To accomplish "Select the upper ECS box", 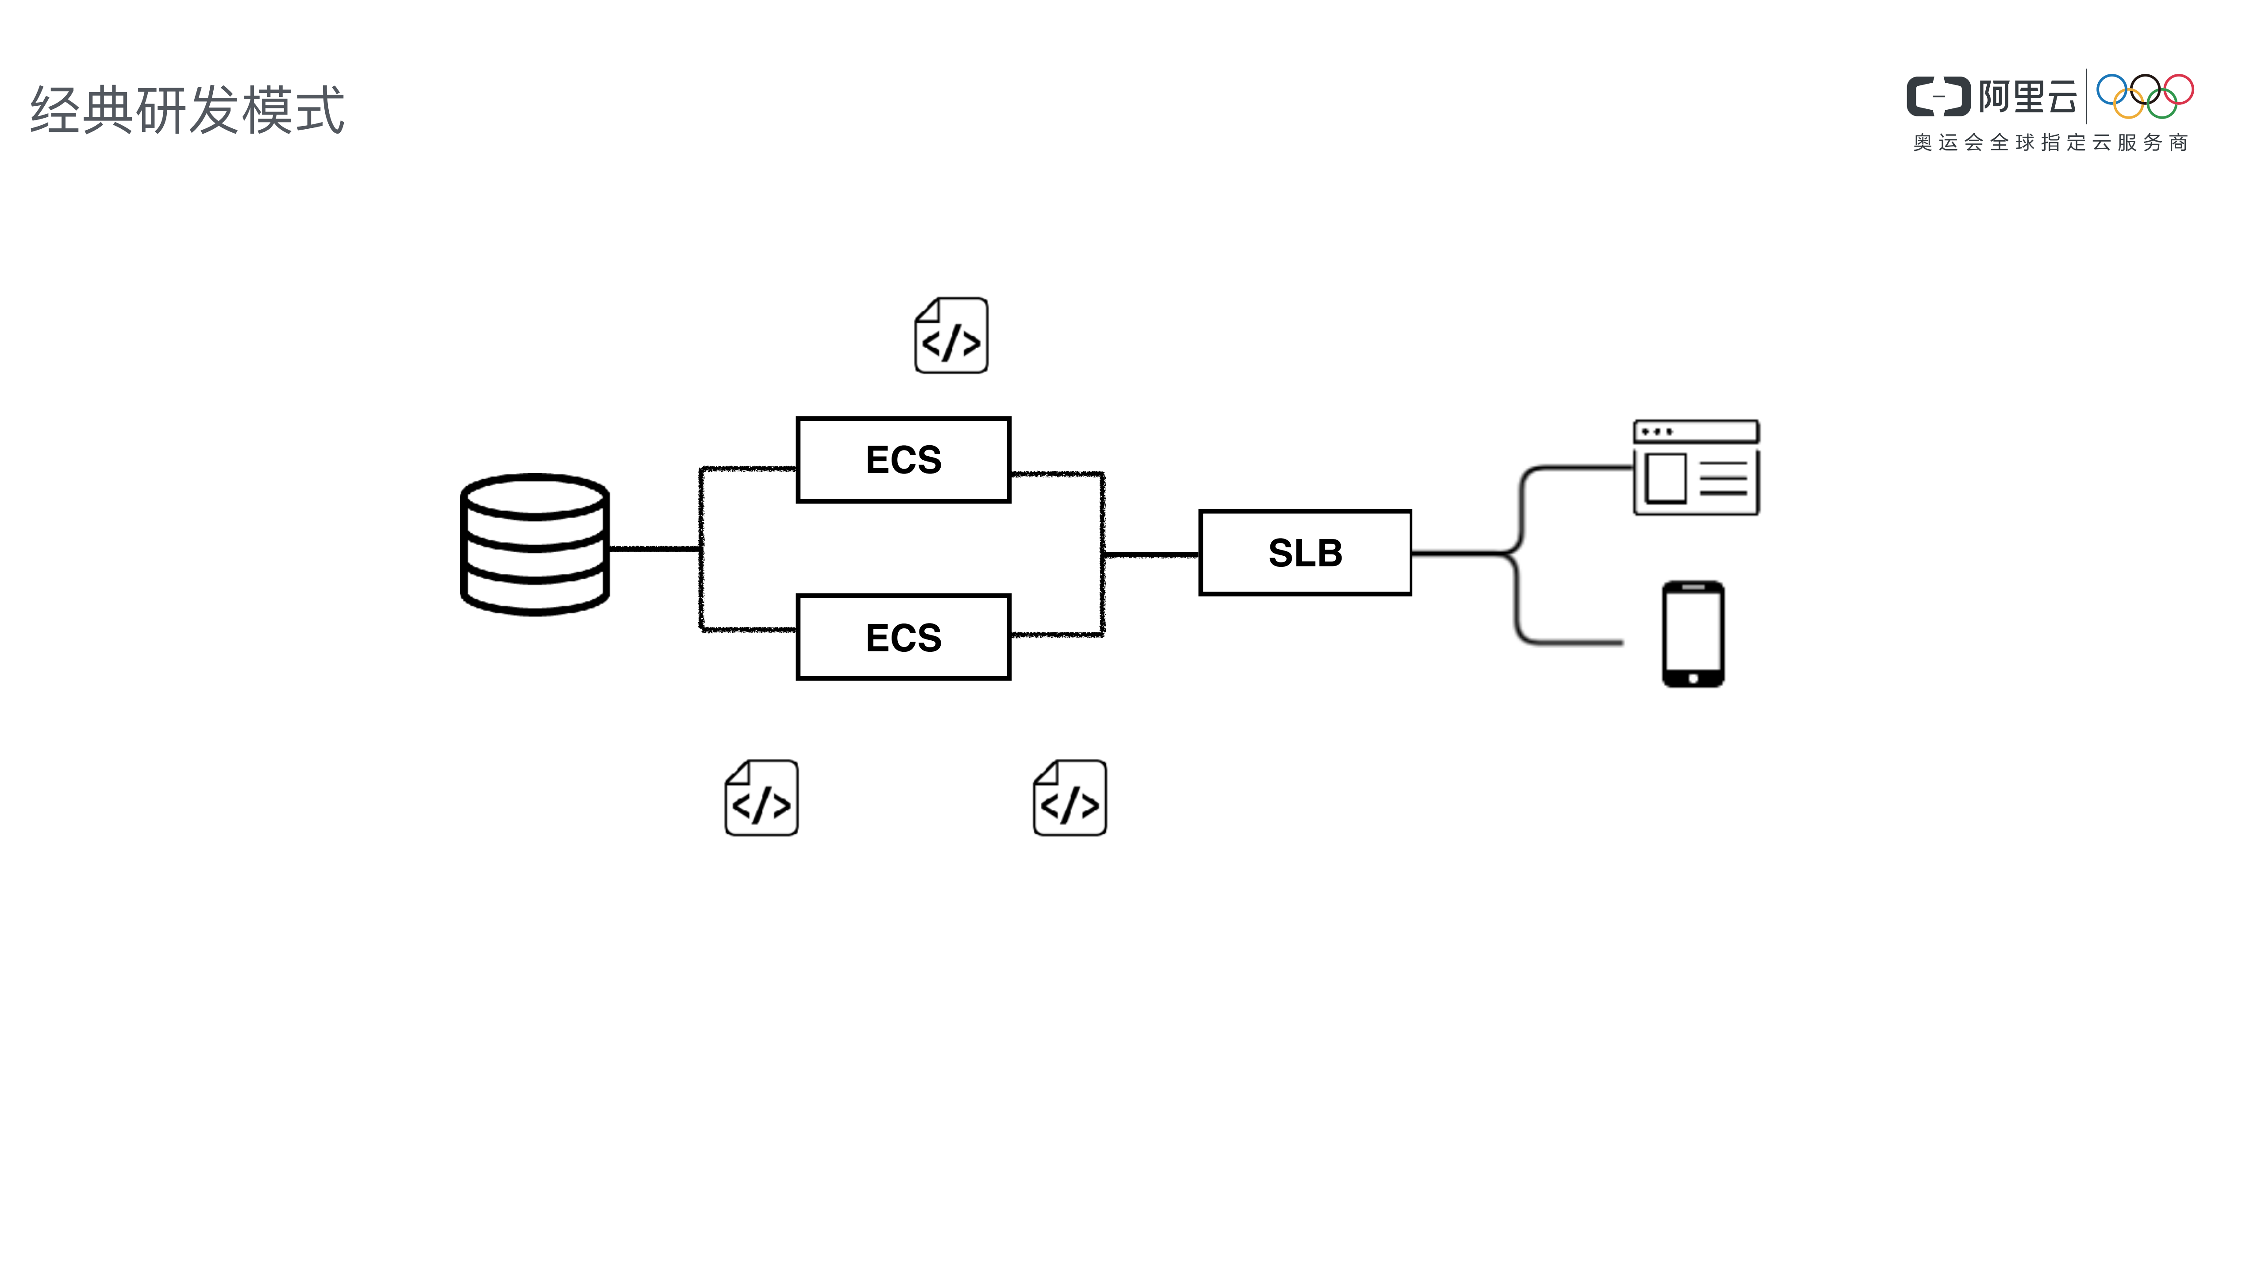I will coord(903,460).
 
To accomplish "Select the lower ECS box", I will coord(903,637).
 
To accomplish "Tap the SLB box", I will coord(1305,553).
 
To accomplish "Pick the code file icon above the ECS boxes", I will coord(951,336).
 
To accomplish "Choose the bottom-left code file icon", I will coord(761,798).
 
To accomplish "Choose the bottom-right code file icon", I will coord(1070,798).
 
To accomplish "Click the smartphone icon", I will coord(1692,633).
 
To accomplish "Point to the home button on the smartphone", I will coord(1692,678).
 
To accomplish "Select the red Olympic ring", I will coord(2179,90).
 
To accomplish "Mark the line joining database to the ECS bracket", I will coord(655,549).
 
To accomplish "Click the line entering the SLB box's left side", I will coord(1152,555).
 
